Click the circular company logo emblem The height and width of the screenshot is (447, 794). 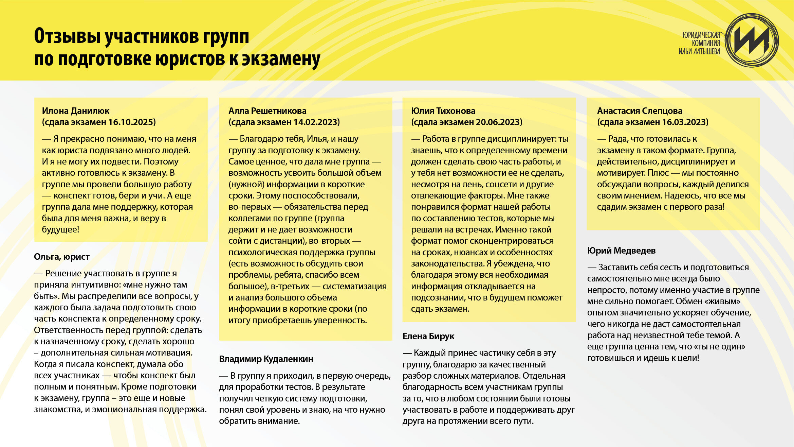click(752, 40)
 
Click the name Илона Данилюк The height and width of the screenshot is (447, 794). click(76, 111)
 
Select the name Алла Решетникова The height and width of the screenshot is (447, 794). click(267, 111)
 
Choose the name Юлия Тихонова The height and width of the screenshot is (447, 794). click(443, 111)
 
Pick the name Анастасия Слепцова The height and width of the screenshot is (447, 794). click(640, 111)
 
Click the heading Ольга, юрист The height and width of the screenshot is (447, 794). click(62, 257)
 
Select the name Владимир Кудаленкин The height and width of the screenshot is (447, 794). click(266, 359)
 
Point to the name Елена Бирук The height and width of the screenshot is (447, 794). click(428, 336)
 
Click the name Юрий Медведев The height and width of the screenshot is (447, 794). click(621, 251)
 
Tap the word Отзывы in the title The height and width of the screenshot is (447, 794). click(68, 36)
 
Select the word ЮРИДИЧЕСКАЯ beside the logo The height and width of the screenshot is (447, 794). click(701, 35)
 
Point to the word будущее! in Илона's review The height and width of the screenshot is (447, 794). click(60, 229)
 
